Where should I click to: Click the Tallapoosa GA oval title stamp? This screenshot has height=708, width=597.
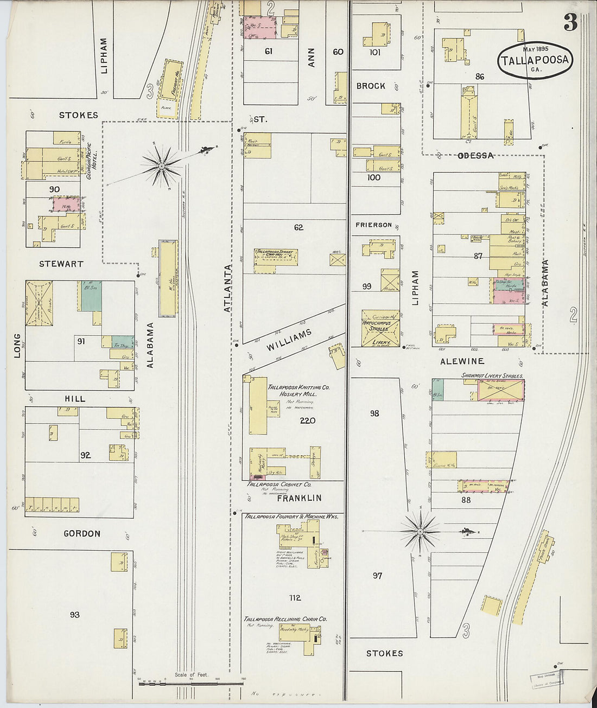pos(535,60)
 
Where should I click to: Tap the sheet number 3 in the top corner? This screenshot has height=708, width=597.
pos(570,22)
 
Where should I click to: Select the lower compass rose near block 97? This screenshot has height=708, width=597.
pos(420,530)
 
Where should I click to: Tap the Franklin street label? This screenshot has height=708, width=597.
pos(299,497)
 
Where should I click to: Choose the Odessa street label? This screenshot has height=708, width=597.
pos(475,156)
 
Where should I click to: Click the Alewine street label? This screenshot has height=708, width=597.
pos(462,361)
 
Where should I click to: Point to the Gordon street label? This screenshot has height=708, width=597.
pos(82,533)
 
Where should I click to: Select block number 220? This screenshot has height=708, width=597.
pos(307,420)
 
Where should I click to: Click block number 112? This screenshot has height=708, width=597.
pos(295,598)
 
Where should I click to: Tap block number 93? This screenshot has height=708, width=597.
pos(74,615)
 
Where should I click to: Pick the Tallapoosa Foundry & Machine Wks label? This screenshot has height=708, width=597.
pos(291,516)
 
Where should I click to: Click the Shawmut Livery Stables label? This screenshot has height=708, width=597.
pos(492,375)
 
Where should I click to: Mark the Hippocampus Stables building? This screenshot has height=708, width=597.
pos(380,328)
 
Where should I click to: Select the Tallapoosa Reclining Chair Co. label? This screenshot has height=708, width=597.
pos(285,619)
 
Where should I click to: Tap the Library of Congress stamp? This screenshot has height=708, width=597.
pos(546,679)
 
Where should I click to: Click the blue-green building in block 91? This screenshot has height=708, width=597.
pos(91,296)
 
